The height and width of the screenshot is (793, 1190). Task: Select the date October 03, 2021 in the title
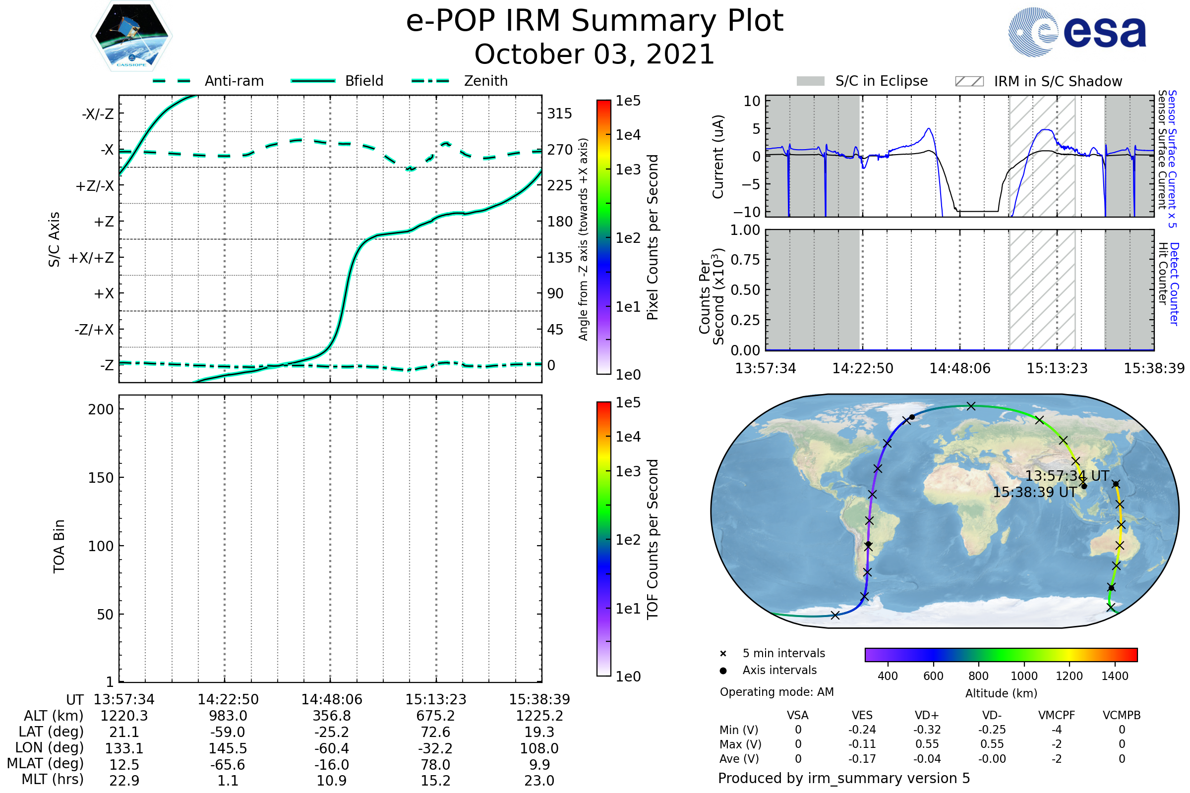pos(595,55)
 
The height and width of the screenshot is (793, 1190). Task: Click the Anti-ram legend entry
pos(234,81)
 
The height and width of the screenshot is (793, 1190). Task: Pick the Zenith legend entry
pos(486,81)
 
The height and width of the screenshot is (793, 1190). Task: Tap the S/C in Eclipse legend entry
pos(882,81)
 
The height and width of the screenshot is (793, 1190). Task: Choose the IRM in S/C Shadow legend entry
pos(1058,81)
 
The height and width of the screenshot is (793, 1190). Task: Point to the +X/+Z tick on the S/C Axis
pos(91,258)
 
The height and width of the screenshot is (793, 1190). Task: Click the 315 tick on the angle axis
pos(559,113)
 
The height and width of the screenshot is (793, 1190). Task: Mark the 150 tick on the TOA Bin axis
pos(101,478)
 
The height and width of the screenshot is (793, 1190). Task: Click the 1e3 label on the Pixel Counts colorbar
pos(628,170)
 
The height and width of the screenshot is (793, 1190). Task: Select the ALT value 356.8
pos(331,716)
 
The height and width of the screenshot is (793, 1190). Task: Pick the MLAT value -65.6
pos(228,765)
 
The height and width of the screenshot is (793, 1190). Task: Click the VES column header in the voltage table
pos(862,716)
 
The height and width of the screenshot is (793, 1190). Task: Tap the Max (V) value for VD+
pos(927,744)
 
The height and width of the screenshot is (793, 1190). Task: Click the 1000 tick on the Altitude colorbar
pos(1023,676)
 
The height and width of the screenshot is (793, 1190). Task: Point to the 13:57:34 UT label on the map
pos(1067,476)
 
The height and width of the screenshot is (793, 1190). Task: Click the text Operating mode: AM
pos(776,692)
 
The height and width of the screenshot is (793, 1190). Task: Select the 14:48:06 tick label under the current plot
pos(960,368)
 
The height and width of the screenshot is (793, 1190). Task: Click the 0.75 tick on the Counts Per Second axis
pos(745,260)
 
